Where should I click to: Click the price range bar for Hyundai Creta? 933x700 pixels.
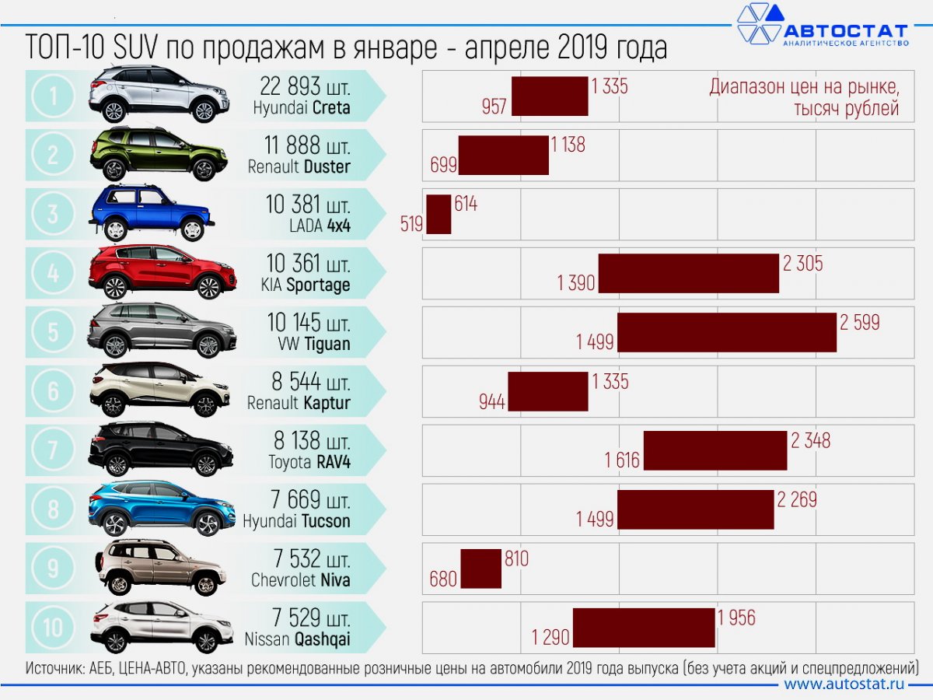click(x=550, y=96)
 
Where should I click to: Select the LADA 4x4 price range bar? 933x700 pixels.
click(x=439, y=214)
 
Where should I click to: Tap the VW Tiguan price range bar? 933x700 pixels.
click(x=727, y=332)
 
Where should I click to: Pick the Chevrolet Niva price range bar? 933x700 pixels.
click(x=480, y=569)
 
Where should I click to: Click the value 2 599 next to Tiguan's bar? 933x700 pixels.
click(x=859, y=322)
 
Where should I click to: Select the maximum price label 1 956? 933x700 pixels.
click(x=736, y=618)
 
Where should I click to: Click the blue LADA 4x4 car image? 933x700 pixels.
click(x=151, y=212)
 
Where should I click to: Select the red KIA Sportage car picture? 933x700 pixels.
click(x=162, y=272)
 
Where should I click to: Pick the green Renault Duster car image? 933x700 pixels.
click(x=159, y=154)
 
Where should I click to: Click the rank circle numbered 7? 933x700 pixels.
click(x=53, y=450)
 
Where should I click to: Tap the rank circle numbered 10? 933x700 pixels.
click(x=53, y=627)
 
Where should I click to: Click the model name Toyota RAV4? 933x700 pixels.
click(x=309, y=462)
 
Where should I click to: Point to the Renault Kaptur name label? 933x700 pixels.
click(x=299, y=403)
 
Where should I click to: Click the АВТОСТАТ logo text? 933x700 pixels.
click(x=844, y=31)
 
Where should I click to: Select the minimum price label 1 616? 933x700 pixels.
click(x=622, y=460)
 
